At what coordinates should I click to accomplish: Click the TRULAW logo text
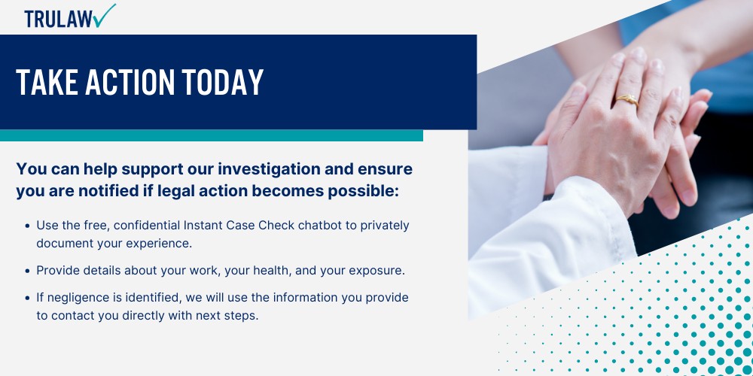coord(59,20)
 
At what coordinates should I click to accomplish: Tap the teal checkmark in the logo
coord(105,15)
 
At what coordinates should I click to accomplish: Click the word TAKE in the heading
coord(47,81)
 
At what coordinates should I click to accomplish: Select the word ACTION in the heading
coord(130,81)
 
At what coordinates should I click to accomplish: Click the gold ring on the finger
coord(627,100)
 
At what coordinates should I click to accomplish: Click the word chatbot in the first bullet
coord(319,225)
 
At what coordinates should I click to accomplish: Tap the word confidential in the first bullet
coord(148,225)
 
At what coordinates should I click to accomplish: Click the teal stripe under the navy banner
coord(212,135)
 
